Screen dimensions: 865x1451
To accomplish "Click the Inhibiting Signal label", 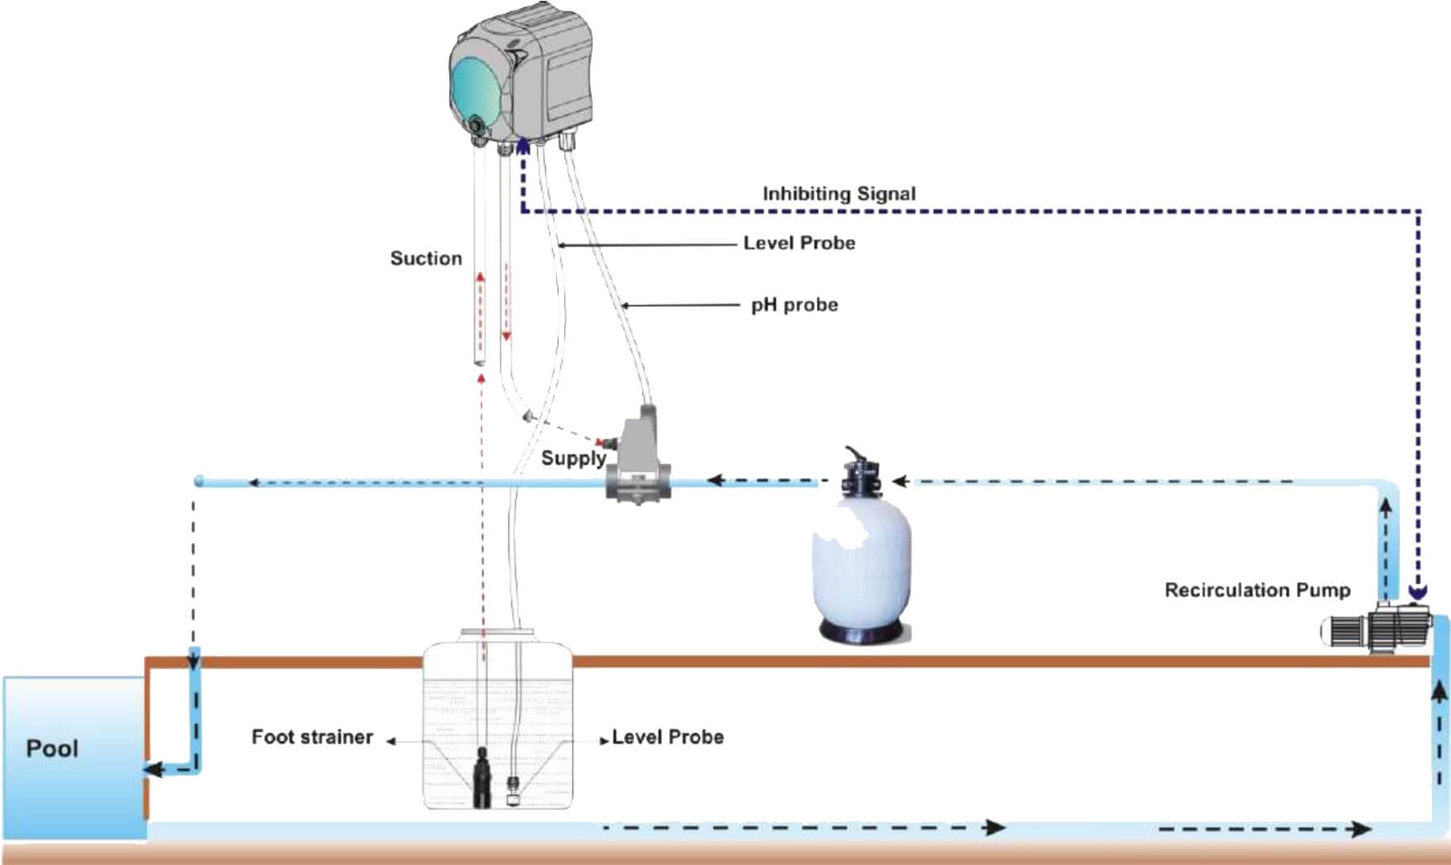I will (839, 193).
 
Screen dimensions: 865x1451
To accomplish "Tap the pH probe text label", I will (794, 305).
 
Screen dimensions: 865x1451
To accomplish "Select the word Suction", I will (425, 258).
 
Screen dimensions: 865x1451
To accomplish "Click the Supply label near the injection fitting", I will (573, 458).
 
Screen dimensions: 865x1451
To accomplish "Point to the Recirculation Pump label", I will (1257, 590).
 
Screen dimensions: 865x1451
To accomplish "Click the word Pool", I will (52, 749).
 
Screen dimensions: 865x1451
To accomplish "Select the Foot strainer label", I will (312, 737).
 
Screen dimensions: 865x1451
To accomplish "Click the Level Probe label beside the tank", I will (667, 737).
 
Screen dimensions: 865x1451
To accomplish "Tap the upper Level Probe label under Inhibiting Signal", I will (799, 243).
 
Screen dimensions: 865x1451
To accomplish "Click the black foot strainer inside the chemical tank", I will (482, 777).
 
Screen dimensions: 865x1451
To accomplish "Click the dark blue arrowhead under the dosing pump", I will (523, 146).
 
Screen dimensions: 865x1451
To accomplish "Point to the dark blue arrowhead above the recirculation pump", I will (1417, 592).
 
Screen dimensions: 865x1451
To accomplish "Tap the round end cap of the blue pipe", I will (199, 481).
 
